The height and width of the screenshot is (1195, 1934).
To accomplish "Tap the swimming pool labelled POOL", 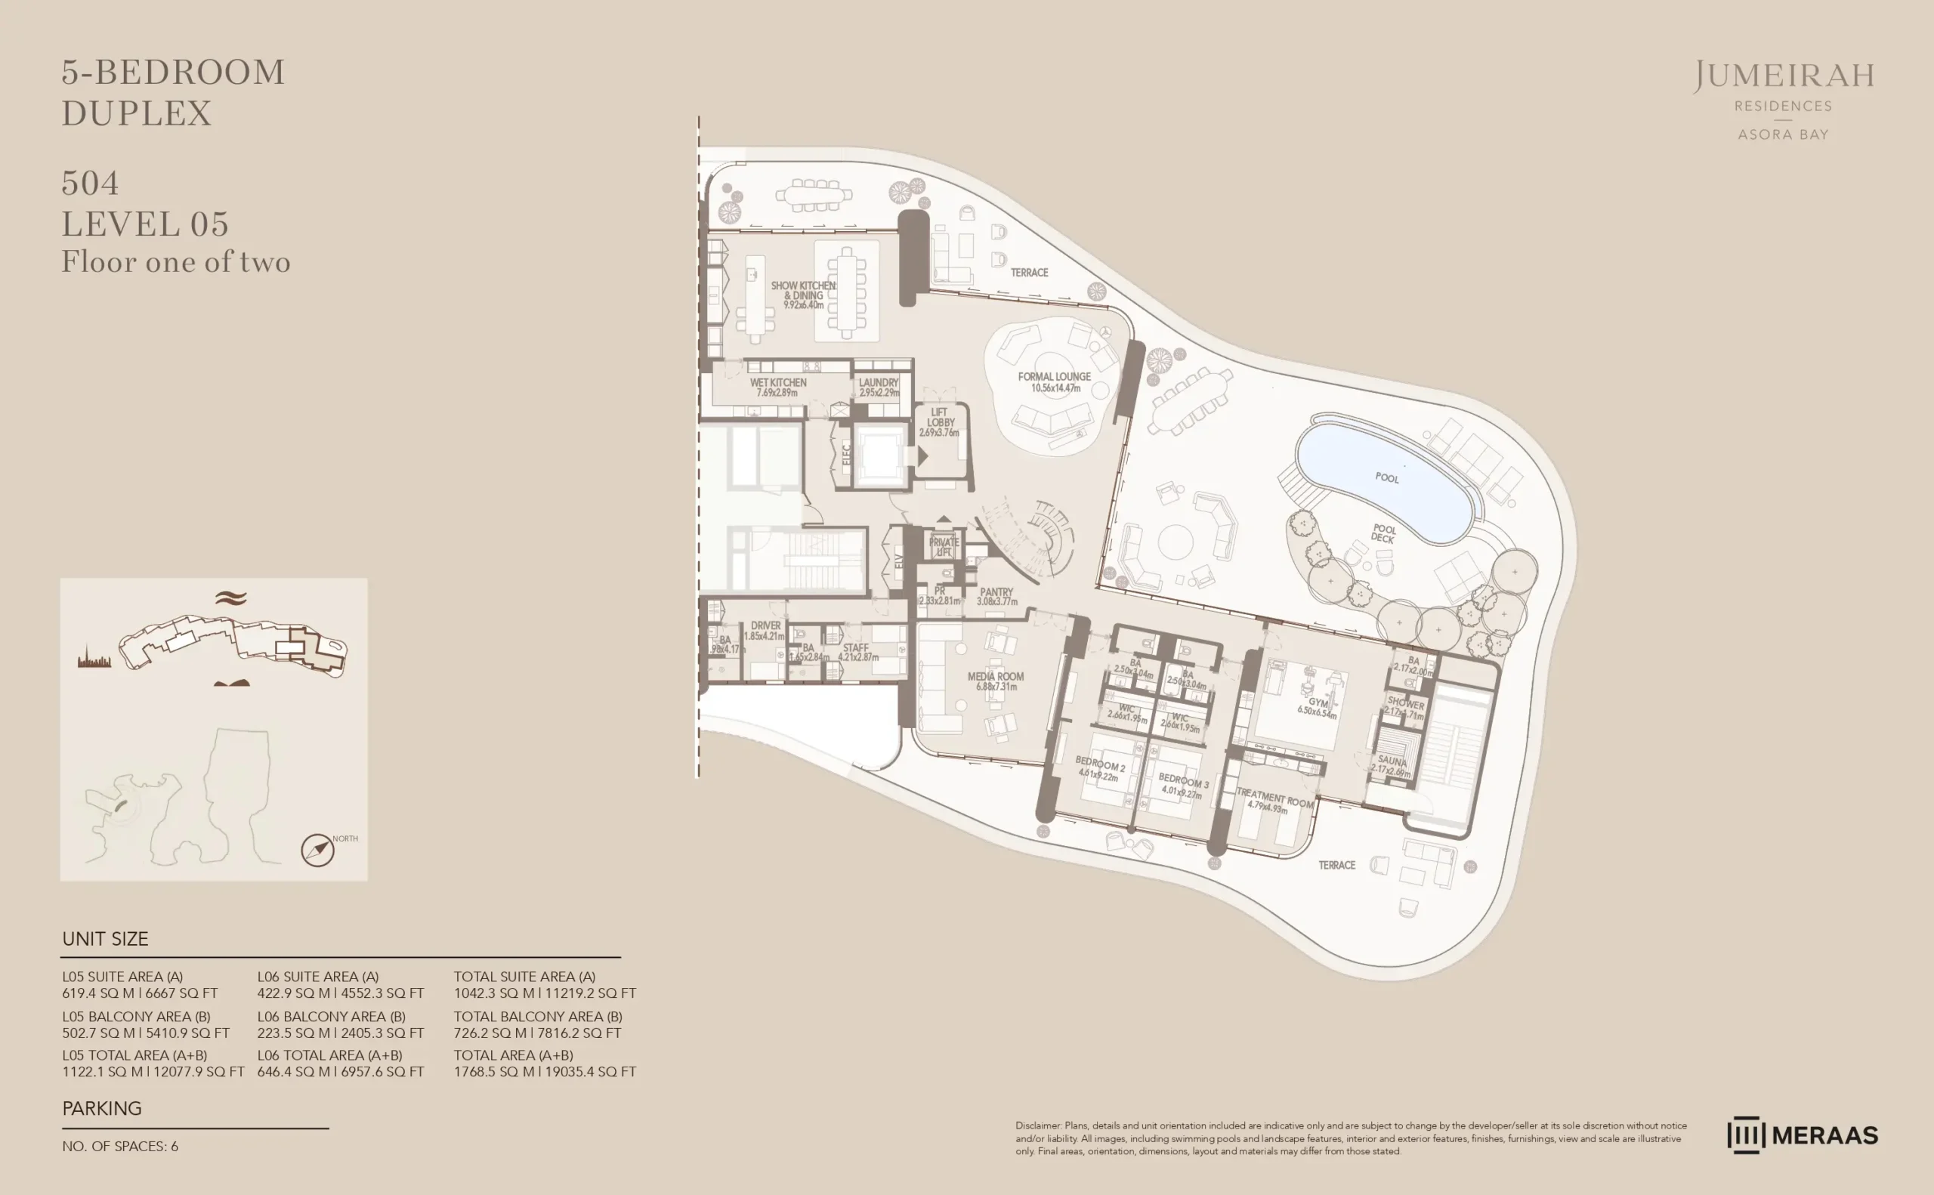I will pyautogui.click(x=1386, y=477).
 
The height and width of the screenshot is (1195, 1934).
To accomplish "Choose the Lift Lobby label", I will pyautogui.click(x=939, y=422).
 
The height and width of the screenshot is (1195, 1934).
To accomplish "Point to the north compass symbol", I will pyautogui.click(x=317, y=851).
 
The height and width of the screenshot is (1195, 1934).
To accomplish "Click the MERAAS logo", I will pyautogui.click(x=1802, y=1135).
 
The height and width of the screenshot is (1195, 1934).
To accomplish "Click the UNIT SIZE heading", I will pyautogui.click(x=105, y=939).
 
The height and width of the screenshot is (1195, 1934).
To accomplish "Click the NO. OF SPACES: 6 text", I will pyautogui.click(x=120, y=1146).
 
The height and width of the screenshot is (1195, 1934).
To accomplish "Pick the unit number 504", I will pyautogui.click(x=90, y=184).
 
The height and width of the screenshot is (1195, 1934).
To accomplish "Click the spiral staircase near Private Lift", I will pyautogui.click(x=1034, y=536).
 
